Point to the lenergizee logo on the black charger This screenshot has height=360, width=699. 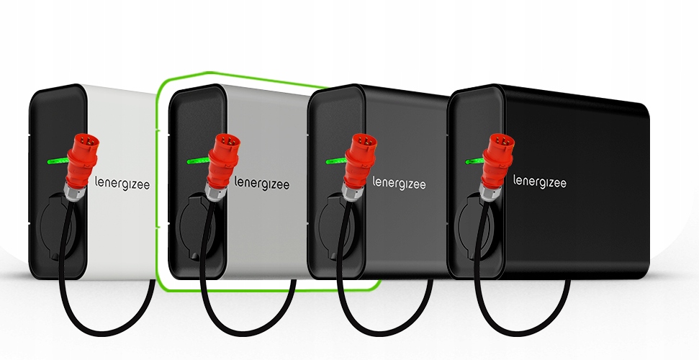[x=539, y=182]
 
